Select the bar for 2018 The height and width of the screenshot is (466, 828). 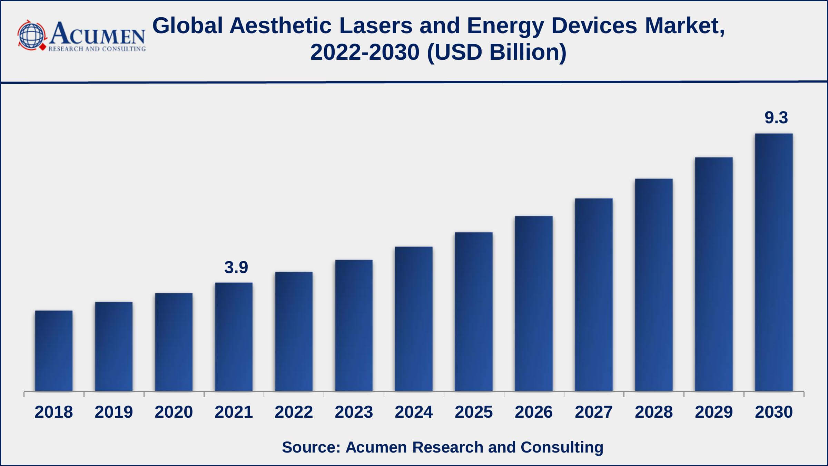(54, 351)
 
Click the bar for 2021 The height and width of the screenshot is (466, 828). (234, 337)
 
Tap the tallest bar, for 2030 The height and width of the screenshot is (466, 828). (774, 262)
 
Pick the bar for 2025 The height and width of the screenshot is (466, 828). (474, 312)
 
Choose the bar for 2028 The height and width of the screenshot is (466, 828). (654, 285)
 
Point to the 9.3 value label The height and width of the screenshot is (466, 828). (776, 118)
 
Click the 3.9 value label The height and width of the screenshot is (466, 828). (236, 268)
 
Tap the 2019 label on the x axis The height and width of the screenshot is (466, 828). (114, 412)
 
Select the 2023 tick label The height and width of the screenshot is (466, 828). (354, 412)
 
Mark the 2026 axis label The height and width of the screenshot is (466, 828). (534, 412)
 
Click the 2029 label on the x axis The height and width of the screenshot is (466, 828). (714, 412)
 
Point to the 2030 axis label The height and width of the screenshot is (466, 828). (774, 412)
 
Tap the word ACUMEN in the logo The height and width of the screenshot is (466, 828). (98, 34)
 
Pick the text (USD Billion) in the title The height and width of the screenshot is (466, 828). (497, 52)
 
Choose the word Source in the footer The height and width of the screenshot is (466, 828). (310, 447)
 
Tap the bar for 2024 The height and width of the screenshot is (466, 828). (414, 319)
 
